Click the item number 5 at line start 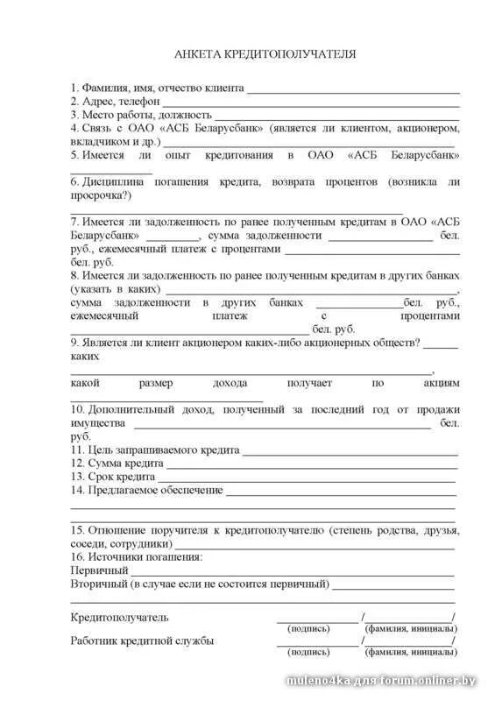(x=74, y=155)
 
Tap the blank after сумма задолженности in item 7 (x=380, y=237)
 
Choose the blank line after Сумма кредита (x=311, y=465)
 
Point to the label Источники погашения (x=143, y=556)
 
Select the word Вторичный (x=97, y=584)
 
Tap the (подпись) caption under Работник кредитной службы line (x=308, y=652)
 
